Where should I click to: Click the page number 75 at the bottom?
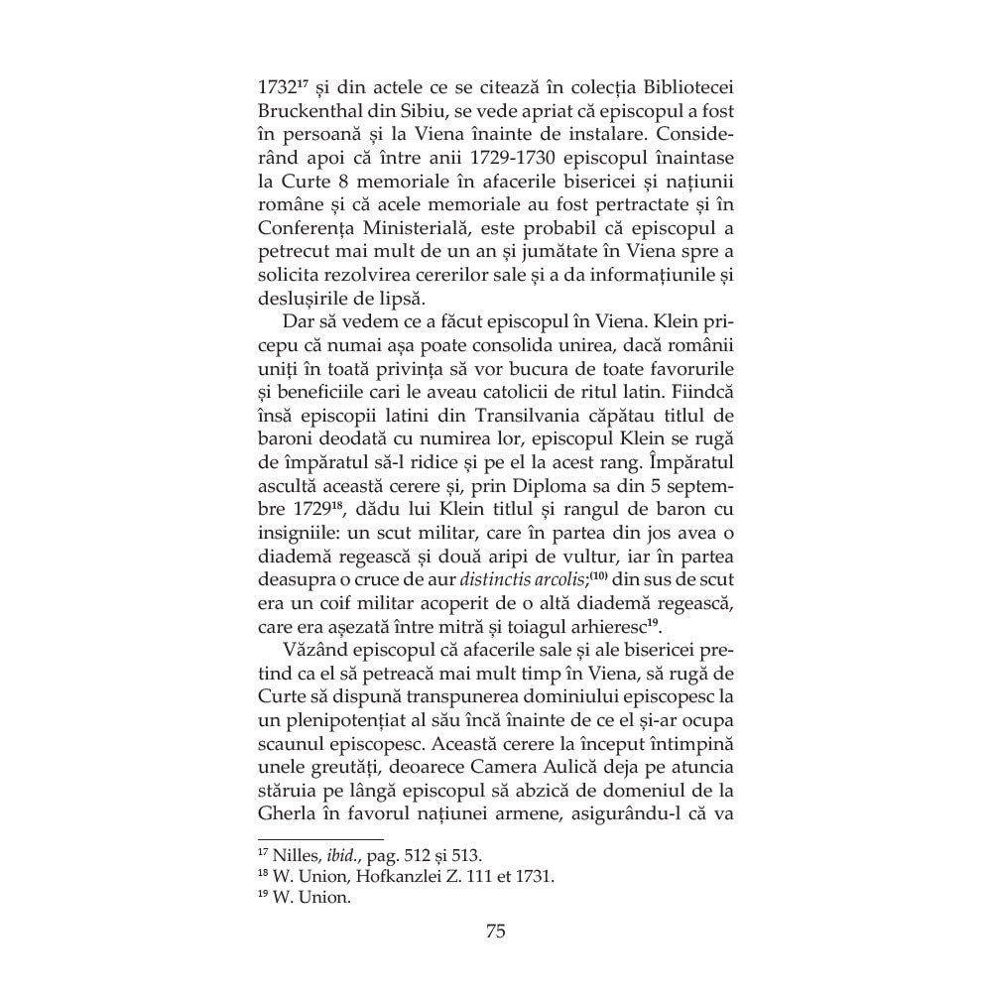click(496, 931)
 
